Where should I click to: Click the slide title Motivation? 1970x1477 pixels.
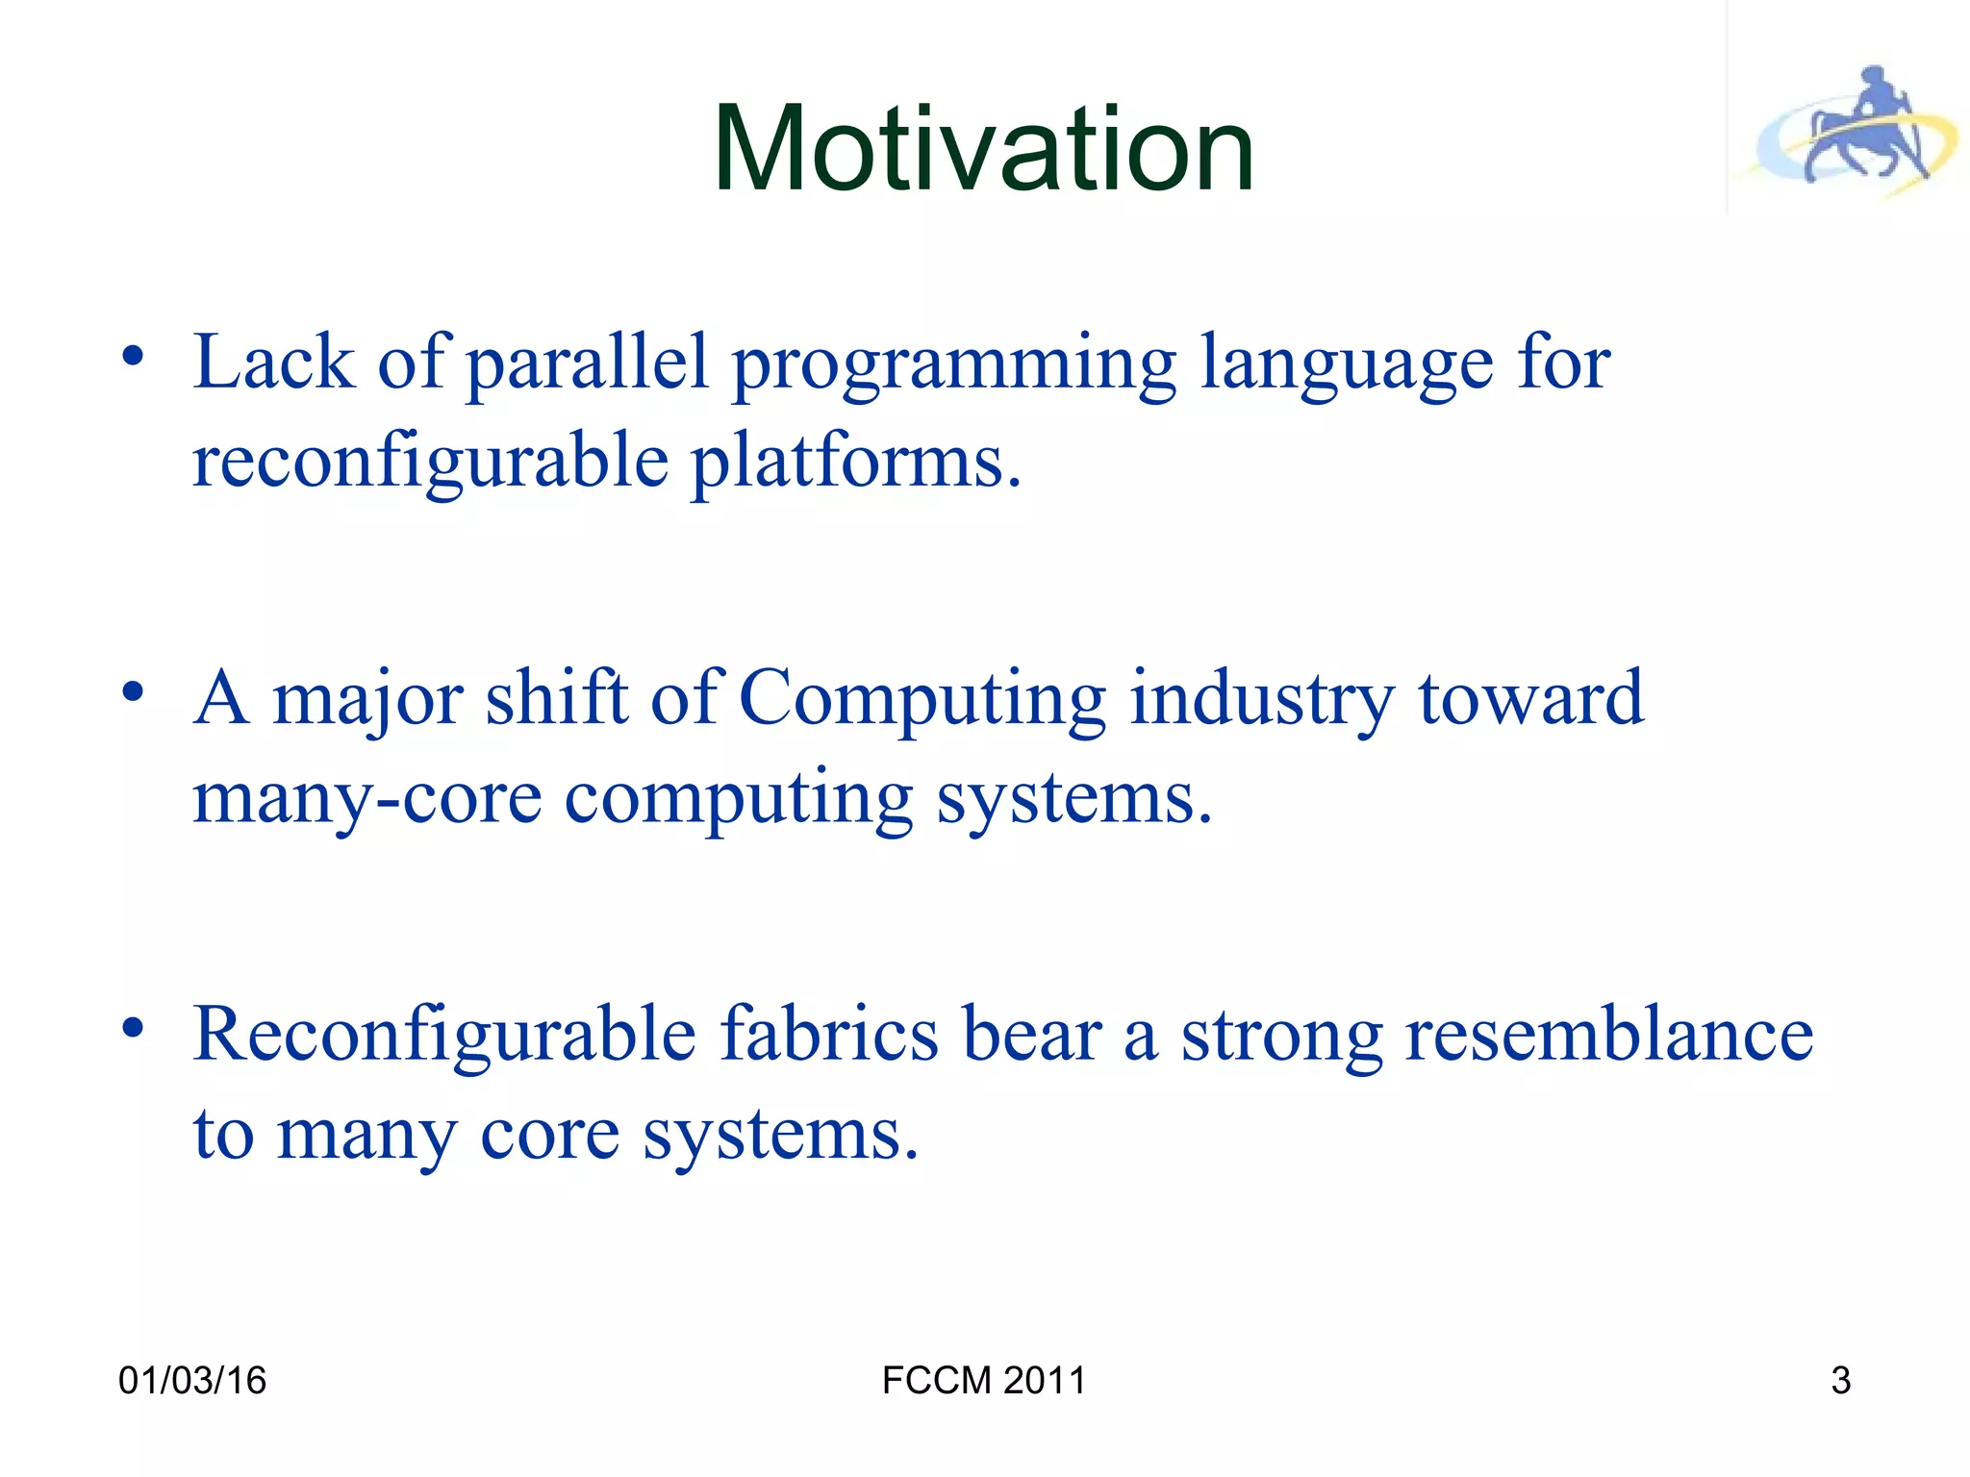pyautogui.click(x=983, y=150)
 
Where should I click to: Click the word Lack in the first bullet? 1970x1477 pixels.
pyautogui.click(x=273, y=363)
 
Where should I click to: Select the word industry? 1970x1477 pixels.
pyautogui.click(x=1261, y=700)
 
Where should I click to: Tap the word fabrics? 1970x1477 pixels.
pyautogui.click(x=830, y=1034)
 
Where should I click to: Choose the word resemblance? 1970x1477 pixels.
pyautogui.click(x=1608, y=1034)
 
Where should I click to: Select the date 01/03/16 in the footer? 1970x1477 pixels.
pyautogui.click(x=192, y=1381)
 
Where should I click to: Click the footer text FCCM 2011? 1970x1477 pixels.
pyautogui.click(x=983, y=1381)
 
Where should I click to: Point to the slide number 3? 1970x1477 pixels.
pyautogui.click(x=1840, y=1381)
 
